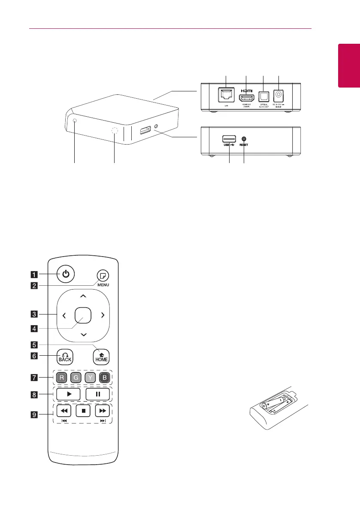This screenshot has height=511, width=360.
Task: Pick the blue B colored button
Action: tap(103, 378)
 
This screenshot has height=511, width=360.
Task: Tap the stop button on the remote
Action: tap(83, 411)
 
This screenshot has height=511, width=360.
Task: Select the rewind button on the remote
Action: tap(64, 411)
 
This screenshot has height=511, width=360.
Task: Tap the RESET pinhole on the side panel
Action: tap(244, 139)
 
